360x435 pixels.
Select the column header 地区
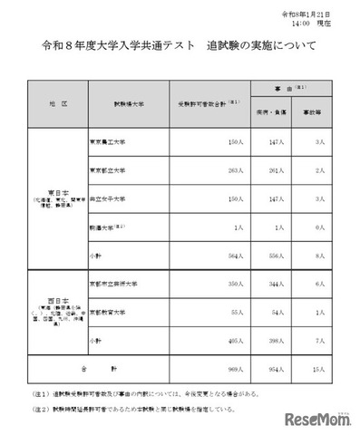pyautogui.click(x=58, y=105)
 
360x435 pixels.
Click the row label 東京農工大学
pyautogui.click(x=108, y=142)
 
